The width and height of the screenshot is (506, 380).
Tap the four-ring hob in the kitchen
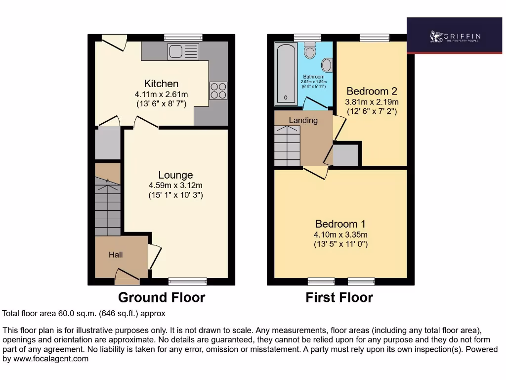(218, 90)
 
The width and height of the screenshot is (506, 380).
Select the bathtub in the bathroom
(286, 74)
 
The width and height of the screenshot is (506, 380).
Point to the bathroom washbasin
(327, 65)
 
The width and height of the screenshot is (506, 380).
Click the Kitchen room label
(161, 84)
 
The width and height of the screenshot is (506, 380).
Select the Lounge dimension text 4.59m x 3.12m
(175, 186)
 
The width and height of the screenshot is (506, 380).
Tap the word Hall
(116, 255)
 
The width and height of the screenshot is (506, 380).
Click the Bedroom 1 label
(340, 224)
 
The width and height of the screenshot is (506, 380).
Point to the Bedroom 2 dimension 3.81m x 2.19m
(372, 102)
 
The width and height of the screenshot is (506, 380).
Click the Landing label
(303, 120)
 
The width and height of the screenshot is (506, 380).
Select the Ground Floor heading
(161, 297)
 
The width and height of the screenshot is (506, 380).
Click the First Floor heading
(339, 297)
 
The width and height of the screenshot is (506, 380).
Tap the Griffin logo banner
(454, 36)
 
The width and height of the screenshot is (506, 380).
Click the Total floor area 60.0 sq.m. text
(84, 314)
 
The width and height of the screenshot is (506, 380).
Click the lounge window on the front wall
(187, 282)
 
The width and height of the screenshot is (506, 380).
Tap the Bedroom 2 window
(374, 38)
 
